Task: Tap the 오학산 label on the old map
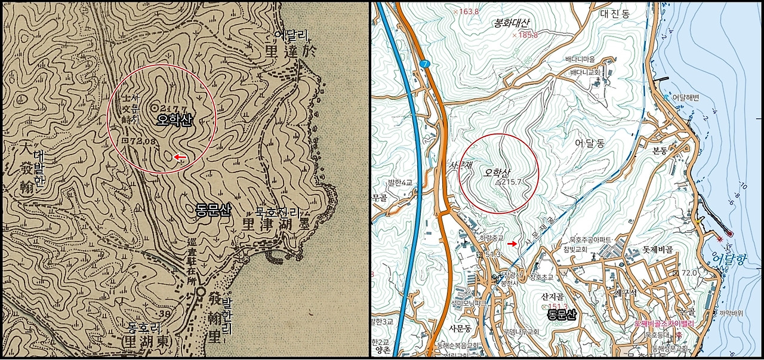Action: pyautogui.click(x=174, y=120)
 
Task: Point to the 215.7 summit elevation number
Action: pyautogui.click(x=511, y=181)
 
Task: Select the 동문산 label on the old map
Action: pyautogui.click(x=213, y=209)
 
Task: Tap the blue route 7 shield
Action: pyautogui.click(x=424, y=64)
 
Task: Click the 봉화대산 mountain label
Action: pyautogui.click(x=512, y=23)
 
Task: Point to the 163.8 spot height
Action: pyautogui.click(x=469, y=11)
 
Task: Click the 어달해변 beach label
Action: pyautogui.click(x=685, y=97)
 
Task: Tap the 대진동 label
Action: pyautogui.click(x=615, y=13)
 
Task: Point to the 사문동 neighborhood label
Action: pyautogui.click(x=460, y=328)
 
